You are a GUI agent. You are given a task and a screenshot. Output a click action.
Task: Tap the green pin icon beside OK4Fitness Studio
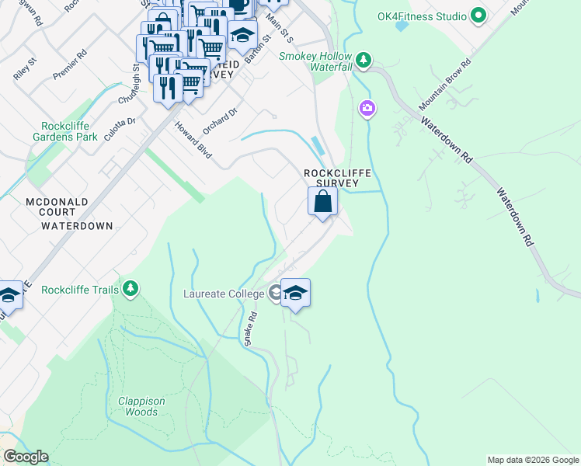coord(479,16)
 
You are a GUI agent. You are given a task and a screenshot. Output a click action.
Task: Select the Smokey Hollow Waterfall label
coord(315,62)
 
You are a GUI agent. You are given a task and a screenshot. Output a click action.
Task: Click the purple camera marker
coord(367,108)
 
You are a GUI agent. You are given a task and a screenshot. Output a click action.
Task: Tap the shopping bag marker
coord(322,202)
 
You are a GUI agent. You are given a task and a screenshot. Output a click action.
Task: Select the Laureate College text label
coord(224,294)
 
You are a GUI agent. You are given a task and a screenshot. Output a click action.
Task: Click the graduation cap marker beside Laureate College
coord(295,293)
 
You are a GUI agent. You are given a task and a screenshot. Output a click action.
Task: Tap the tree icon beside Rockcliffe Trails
coord(130,290)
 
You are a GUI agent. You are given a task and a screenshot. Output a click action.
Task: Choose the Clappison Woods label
coord(141,406)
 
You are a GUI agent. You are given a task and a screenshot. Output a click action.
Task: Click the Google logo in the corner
coord(26,457)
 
